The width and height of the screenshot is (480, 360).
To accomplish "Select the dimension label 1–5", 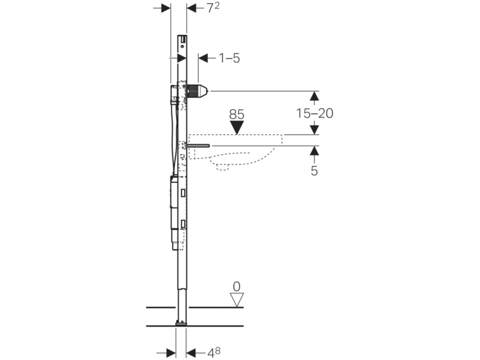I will pos(229,58).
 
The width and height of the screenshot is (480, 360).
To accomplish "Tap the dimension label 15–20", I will pos(314,114).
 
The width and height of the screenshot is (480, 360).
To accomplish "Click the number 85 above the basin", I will pos(237,115).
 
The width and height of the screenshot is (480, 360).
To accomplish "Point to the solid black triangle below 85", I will pos(237,128).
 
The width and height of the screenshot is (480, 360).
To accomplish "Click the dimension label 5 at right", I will pos(314,171).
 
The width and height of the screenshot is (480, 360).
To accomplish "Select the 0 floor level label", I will pos(237,286).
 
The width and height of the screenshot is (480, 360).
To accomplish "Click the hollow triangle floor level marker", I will pos(237,299).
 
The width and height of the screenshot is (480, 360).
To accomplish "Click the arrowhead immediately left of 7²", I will pos(192,8).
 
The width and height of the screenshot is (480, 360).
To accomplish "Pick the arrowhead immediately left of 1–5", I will pos(204,58).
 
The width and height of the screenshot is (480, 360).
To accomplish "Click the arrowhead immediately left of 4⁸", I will pos(192,353).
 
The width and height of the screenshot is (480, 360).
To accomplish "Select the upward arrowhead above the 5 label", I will pos(314,151).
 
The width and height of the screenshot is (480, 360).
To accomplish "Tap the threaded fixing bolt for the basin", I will pos(198,146).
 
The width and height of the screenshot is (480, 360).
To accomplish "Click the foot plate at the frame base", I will pos(181,322).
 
